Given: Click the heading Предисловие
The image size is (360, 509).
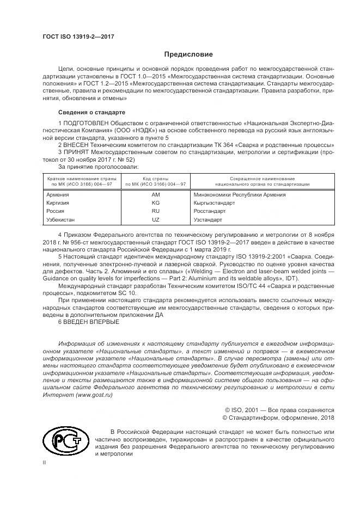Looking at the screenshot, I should (x=188, y=54).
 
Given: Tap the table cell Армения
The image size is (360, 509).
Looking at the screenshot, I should (x=58, y=194).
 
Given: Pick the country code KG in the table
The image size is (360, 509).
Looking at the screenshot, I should (x=155, y=203).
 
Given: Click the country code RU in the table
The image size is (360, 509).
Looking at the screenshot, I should (x=155, y=211).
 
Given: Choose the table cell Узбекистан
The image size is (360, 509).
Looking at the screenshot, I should (x=62, y=220).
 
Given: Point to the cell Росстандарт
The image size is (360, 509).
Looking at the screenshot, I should (x=210, y=211).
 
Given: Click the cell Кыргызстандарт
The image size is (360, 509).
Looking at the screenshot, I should (x=214, y=203).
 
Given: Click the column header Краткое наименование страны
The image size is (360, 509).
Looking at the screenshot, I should (x=80, y=179).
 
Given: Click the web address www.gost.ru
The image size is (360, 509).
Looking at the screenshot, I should (x=96, y=395).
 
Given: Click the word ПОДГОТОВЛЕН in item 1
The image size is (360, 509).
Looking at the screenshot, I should (x=88, y=124).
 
